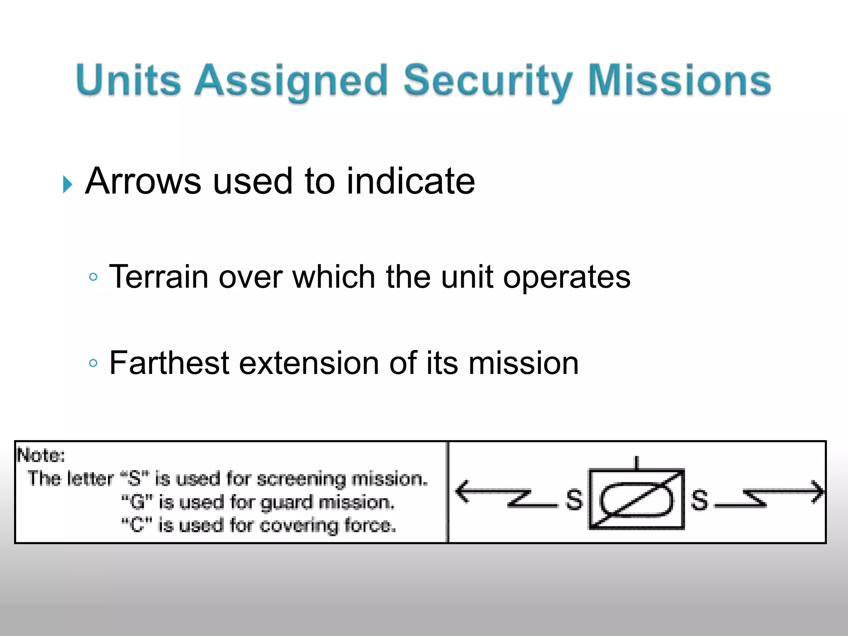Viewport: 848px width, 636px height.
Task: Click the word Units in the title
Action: point(128,79)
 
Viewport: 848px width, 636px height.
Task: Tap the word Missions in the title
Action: point(679,79)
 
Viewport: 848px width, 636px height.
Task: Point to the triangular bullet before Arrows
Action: point(67,184)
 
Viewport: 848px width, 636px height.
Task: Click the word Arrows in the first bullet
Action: point(143,181)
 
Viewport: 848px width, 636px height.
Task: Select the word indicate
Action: point(410,181)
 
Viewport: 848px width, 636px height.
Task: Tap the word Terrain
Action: point(158,277)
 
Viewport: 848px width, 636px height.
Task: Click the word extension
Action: point(309,363)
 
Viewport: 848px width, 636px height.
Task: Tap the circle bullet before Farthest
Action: point(94,364)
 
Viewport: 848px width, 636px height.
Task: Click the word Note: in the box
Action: point(41,455)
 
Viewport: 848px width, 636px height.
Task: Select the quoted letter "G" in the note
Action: point(137,502)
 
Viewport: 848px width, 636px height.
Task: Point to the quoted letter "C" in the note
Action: point(136,525)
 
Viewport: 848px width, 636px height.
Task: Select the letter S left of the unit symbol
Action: point(574,499)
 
